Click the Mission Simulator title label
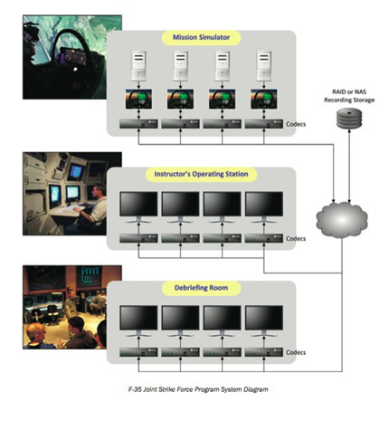(x=201, y=37)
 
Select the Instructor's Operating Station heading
(x=201, y=174)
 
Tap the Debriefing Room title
(x=201, y=288)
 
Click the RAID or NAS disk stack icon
(x=349, y=119)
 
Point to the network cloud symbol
(x=342, y=219)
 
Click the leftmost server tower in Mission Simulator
(x=138, y=66)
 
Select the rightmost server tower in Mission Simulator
(x=264, y=66)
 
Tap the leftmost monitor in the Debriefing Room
(x=138, y=321)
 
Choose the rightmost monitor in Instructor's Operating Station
(x=264, y=207)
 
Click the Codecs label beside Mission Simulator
(x=296, y=124)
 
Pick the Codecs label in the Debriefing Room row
(x=296, y=352)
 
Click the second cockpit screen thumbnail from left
(x=180, y=99)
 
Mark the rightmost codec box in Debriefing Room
(x=264, y=352)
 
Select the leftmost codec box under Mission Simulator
(x=138, y=124)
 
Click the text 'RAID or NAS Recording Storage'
(x=349, y=96)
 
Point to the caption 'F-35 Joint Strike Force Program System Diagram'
(x=198, y=389)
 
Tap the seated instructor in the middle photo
(x=92, y=208)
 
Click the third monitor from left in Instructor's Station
(x=223, y=207)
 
